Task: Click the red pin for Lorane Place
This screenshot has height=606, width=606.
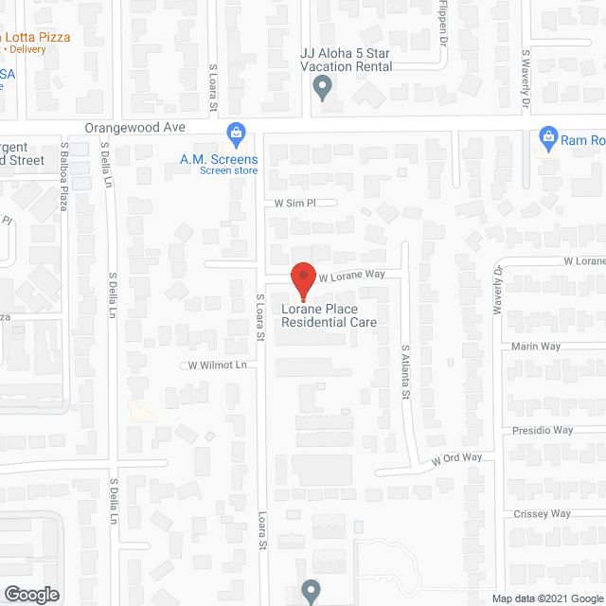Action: click(x=302, y=280)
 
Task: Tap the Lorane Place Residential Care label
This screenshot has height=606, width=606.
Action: click(x=329, y=315)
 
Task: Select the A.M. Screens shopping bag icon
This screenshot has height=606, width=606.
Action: click(x=235, y=132)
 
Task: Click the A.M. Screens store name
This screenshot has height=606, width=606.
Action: click(x=219, y=159)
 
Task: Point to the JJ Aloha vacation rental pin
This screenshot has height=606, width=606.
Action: click(x=322, y=88)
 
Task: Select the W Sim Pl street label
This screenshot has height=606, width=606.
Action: click(x=294, y=203)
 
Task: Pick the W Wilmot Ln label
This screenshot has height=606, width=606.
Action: click(x=217, y=365)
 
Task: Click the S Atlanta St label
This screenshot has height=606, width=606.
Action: click(x=404, y=368)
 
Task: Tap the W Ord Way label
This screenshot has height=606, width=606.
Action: click(x=457, y=459)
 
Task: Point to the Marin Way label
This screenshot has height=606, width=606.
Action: click(x=536, y=347)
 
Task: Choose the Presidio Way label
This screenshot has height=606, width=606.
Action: click(x=543, y=430)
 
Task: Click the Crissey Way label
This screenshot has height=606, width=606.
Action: click(x=541, y=514)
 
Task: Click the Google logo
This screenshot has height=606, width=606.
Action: click(x=30, y=595)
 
